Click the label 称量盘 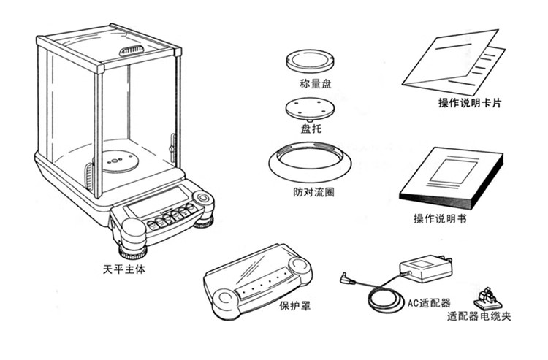click(x=315, y=84)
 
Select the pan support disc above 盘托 click(x=310, y=110)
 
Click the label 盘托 click(x=311, y=129)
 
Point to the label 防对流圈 click(x=313, y=192)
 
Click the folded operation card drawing click(x=454, y=63)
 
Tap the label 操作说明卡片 click(x=470, y=103)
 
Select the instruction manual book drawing click(x=451, y=178)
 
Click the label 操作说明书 click(x=440, y=219)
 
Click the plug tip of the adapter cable click(x=344, y=277)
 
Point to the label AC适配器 click(x=429, y=303)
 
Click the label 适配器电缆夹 click(x=479, y=316)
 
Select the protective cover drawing click(x=258, y=281)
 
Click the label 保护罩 click(x=294, y=306)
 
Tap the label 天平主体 click(x=123, y=269)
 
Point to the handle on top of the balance click(x=132, y=50)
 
